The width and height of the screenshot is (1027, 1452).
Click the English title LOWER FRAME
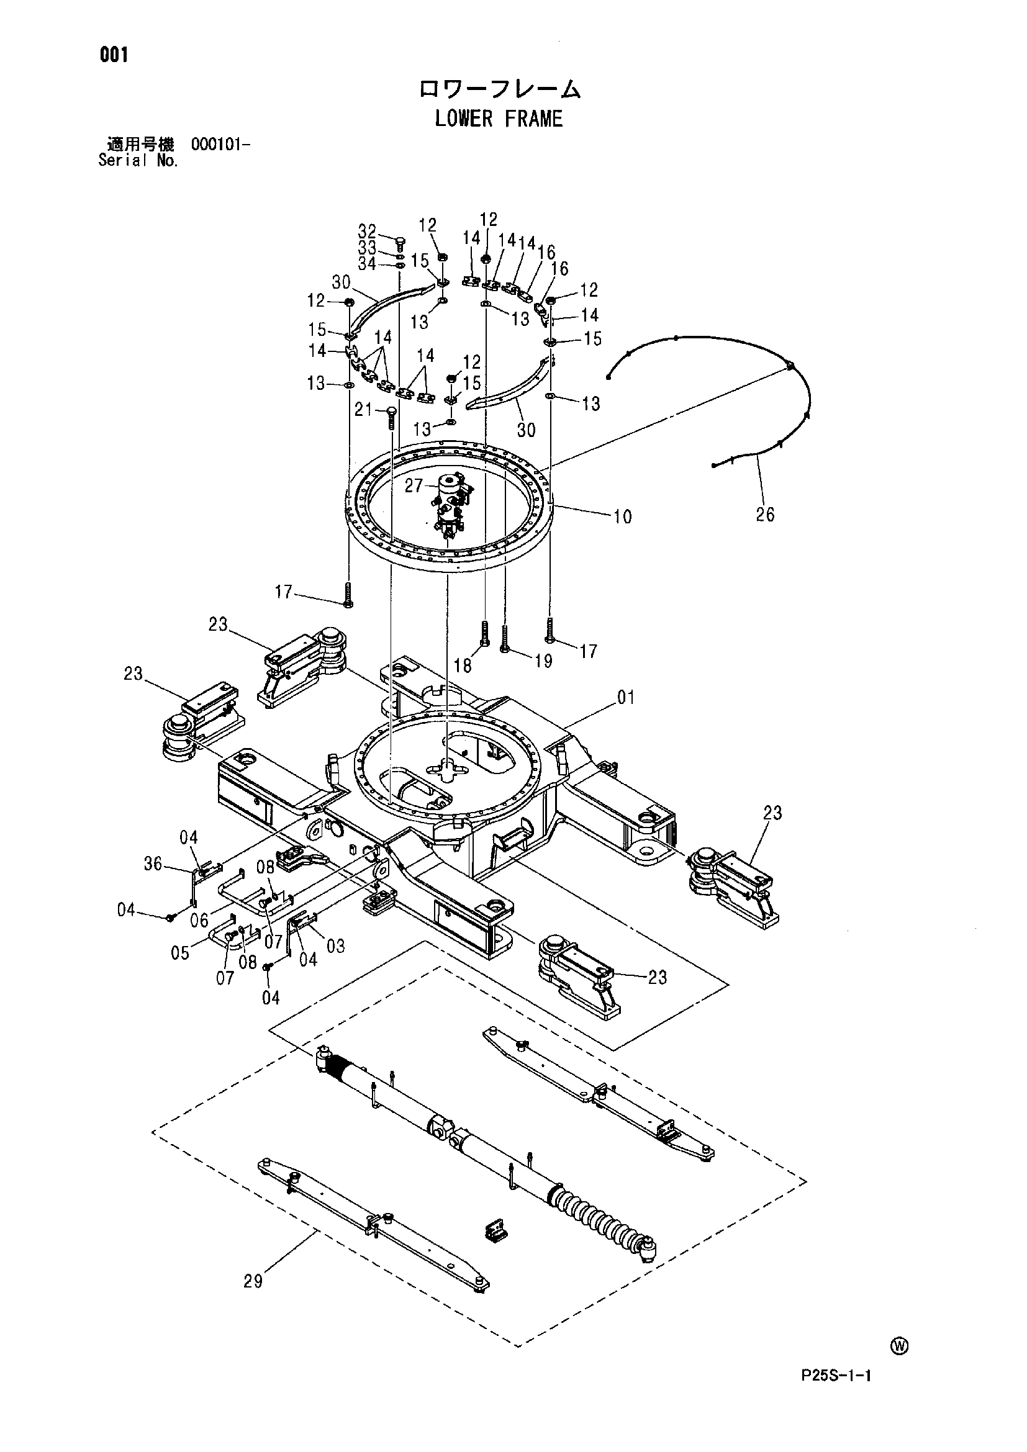coord(499,119)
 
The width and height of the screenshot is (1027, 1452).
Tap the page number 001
coord(114,56)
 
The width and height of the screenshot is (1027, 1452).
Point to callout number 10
coord(622,516)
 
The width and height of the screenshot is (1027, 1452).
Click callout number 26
coord(764,514)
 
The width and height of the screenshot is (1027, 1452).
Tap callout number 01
coord(625,698)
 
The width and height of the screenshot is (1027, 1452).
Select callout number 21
coord(363,410)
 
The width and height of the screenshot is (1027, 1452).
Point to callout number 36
coord(153,864)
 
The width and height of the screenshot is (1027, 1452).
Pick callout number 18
coord(463,666)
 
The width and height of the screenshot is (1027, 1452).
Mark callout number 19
coord(543,661)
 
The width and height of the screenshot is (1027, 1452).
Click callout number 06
coord(199,920)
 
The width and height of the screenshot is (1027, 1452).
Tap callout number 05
coord(180,952)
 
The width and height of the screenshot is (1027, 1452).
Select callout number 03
coord(335,945)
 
